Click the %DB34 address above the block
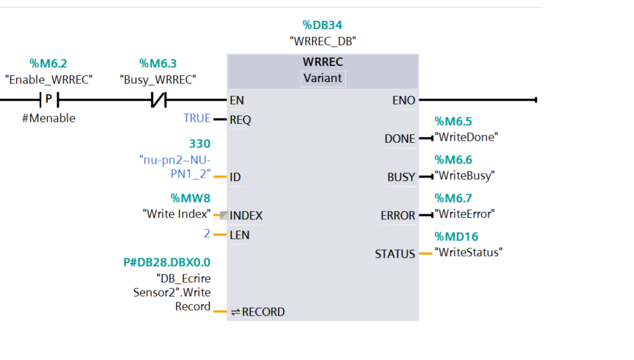point(323,25)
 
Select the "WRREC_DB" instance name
point(323,41)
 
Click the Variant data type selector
point(323,79)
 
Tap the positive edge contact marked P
point(49,100)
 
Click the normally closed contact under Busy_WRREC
point(159,100)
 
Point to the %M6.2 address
point(48,63)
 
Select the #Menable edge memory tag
point(49,118)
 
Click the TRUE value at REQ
point(197,118)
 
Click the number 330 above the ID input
point(200,144)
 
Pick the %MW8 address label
point(190,198)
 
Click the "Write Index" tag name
point(177,214)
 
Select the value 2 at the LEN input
point(207,233)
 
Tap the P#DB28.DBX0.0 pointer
point(167,263)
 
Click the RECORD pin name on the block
point(263,312)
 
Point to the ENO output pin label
point(403,100)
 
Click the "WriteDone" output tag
point(466,137)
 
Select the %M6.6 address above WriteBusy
point(454,160)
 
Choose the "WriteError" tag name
point(465,214)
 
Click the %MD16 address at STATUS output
point(456,237)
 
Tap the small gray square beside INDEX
point(224,215)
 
